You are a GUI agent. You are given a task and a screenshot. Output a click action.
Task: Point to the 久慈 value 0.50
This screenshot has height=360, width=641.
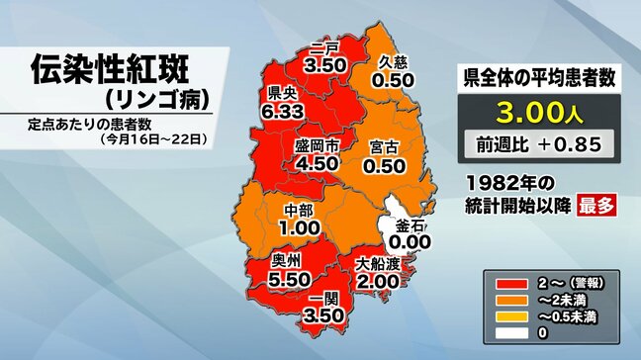[x=400, y=79]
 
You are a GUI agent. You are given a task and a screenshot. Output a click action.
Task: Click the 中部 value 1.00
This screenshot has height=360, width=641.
[x=300, y=227]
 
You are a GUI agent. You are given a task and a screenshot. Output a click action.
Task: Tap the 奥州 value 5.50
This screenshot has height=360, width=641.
[x=291, y=280]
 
